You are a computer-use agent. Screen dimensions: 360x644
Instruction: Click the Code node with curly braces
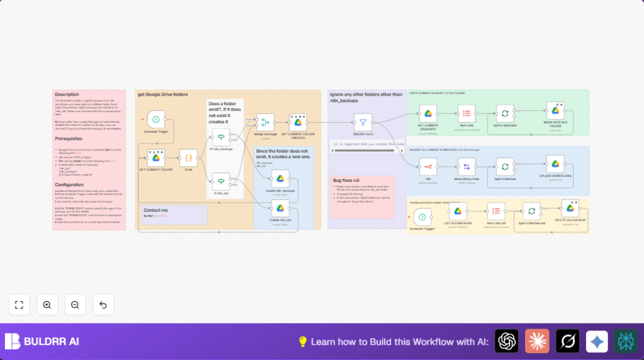click(x=188, y=157)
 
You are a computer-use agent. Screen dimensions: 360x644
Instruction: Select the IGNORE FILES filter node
click(x=363, y=122)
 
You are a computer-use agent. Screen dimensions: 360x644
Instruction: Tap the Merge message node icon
click(x=265, y=122)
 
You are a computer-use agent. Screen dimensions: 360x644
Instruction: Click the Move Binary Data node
click(x=467, y=166)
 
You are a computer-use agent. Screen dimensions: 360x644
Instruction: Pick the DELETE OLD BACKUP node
click(x=570, y=208)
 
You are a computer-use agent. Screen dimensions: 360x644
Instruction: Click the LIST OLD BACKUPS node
click(x=458, y=211)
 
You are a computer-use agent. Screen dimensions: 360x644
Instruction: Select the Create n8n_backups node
click(x=280, y=178)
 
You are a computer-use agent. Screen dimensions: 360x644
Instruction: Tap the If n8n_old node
click(x=221, y=181)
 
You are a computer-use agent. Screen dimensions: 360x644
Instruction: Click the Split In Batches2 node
click(x=505, y=113)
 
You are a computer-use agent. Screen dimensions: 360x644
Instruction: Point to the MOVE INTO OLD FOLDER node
click(x=555, y=111)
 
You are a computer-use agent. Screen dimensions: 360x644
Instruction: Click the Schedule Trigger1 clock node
click(x=423, y=217)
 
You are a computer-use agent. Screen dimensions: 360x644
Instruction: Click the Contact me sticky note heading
click(x=155, y=210)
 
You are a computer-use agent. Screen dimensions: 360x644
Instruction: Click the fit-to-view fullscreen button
click(x=19, y=305)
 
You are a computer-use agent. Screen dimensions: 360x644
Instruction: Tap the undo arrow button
click(x=103, y=305)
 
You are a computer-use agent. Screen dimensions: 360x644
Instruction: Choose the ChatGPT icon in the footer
click(x=506, y=341)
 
